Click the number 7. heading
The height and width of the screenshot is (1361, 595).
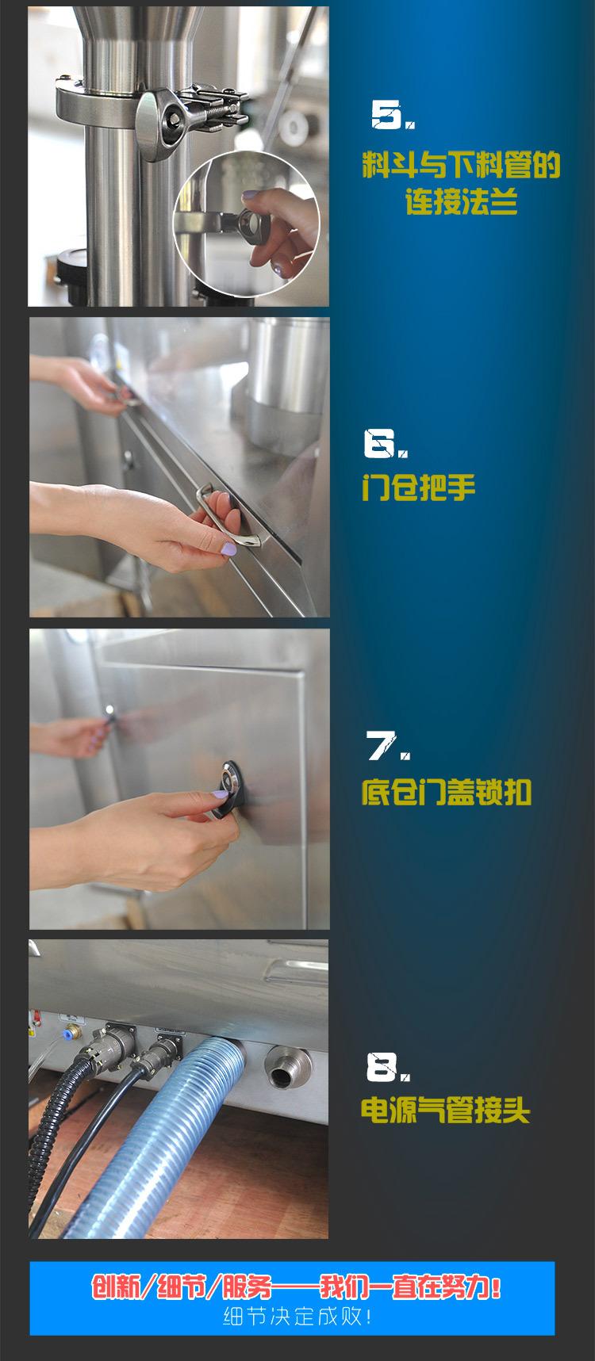point(388,746)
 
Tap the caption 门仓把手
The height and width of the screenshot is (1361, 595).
point(418,487)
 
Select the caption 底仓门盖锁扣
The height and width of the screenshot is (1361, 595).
point(446,792)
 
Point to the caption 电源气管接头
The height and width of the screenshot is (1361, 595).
point(445,1110)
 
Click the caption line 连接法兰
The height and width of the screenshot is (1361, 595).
point(461,203)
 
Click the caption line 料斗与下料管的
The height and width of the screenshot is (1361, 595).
point(461,166)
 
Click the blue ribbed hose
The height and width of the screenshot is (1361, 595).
point(159,1126)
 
